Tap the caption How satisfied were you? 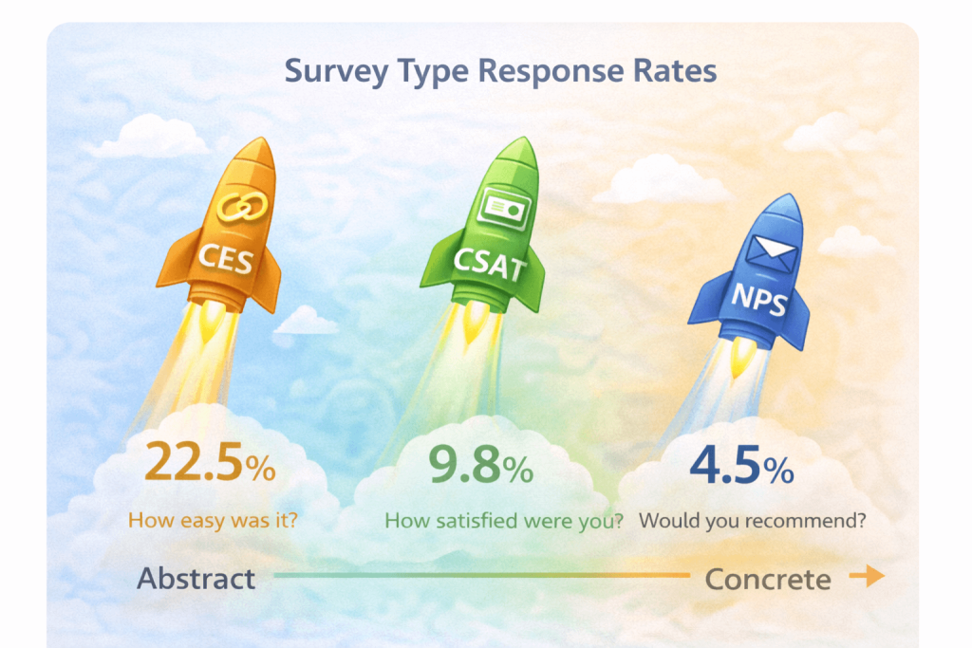[x=503, y=521]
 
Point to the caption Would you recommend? [x=753, y=521]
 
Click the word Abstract [x=196, y=579]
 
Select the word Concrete [x=768, y=579]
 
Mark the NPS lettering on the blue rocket [x=757, y=296]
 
